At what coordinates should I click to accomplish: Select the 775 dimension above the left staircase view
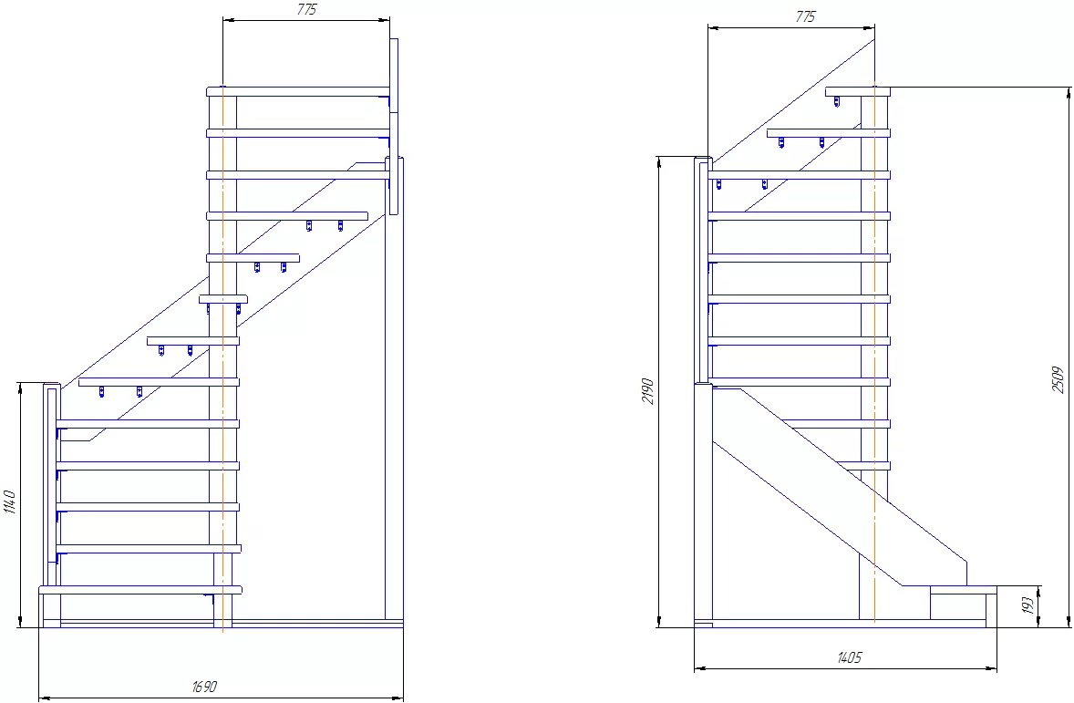point(307,10)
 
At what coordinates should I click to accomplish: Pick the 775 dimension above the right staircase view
point(806,16)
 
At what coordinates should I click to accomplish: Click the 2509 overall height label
point(1059,380)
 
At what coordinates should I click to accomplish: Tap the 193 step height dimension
point(1028,605)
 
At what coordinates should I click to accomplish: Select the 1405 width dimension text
point(850,657)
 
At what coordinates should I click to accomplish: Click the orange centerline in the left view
point(222,357)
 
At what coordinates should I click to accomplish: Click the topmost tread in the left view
point(299,91)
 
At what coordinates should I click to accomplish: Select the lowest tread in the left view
point(141,590)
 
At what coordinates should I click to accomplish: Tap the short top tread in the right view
point(858,91)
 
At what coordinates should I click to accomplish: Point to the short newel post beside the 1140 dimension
point(51,506)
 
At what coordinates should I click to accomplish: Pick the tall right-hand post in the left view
point(395,389)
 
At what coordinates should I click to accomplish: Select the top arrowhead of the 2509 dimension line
point(1069,93)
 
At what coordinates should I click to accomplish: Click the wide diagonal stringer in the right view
point(840,487)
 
